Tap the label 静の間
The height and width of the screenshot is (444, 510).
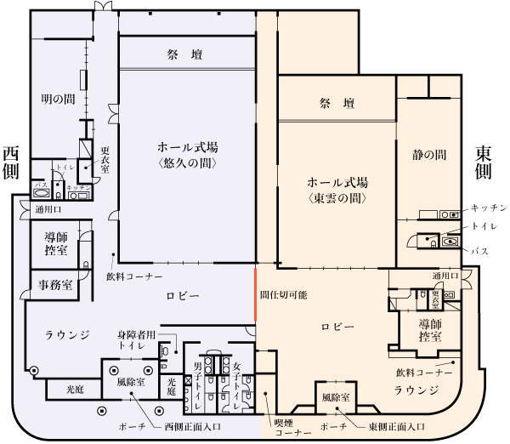coord(429,155)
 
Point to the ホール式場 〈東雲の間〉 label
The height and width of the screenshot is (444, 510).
coord(337,190)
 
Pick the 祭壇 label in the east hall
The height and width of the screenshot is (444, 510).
coord(337,104)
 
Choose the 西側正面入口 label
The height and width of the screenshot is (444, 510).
coord(193,425)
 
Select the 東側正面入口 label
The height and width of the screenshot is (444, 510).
coord(397,425)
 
